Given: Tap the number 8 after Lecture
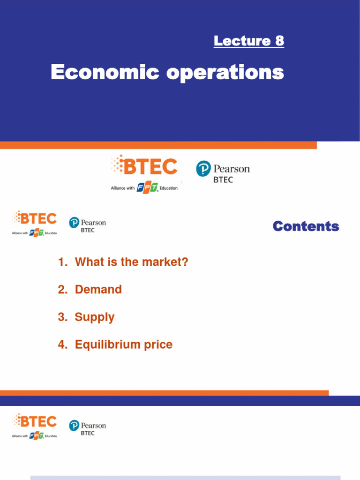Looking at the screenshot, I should pyautogui.click(x=279, y=41).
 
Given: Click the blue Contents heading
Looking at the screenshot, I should pyautogui.click(x=306, y=226).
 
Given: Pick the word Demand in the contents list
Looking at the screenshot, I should pyautogui.click(x=98, y=290).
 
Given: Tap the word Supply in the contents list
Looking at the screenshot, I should pyautogui.click(x=94, y=317).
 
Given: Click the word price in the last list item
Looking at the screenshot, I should pyautogui.click(x=158, y=345).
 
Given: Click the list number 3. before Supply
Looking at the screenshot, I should pyautogui.click(x=63, y=317).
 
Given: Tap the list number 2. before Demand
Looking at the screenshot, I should pyautogui.click(x=63, y=290).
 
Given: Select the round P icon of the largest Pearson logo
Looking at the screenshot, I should pyautogui.click(x=203, y=168).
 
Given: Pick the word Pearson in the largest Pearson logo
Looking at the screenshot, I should pyautogui.click(x=232, y=169).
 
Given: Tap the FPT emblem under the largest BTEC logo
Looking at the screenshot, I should pyautogui.click(x=147, y=188).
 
